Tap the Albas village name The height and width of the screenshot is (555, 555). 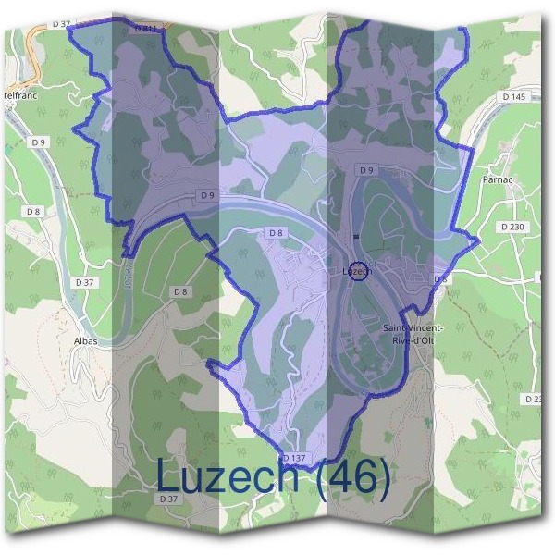(84, 340)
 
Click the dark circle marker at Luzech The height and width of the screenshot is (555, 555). (361, 271)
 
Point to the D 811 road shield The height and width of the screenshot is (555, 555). (144, 30)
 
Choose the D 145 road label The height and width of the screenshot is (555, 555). (513, 96)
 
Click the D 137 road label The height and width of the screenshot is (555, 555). (294, 458)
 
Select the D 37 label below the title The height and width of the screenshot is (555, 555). (168, 499)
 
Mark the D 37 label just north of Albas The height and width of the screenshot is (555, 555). (84, 282)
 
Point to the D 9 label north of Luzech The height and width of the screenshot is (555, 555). (366, 170)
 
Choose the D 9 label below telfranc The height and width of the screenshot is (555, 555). (38, 142)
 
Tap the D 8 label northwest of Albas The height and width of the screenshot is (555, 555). (33, 212)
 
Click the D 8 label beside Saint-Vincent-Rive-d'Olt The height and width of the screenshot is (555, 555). (440, 279)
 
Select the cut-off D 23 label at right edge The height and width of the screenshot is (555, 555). (533, 399)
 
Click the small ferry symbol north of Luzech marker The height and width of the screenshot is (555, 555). (355, 237)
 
